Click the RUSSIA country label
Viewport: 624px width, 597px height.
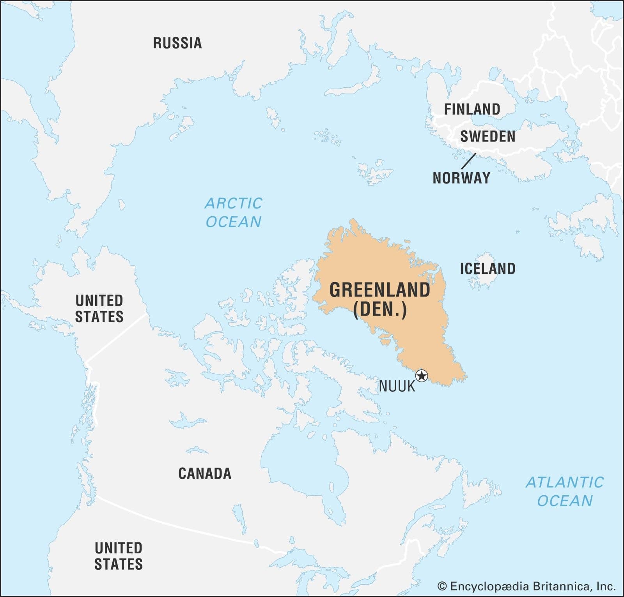[177, 43]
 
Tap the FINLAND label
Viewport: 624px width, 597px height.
[472, 109]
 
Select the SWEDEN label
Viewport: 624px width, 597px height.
[487, 136]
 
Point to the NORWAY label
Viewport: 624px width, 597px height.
[461, 178]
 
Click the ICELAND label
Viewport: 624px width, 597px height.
[487, 268]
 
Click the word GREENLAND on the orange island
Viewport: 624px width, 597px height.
[380, 290]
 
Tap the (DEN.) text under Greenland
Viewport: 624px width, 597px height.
[380, 310]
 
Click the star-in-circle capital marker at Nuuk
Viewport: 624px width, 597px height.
[422, 376]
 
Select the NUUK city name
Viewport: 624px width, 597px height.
[397, 387]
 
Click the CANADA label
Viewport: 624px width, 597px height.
[205, 473]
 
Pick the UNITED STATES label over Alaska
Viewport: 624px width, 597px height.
[99, 308]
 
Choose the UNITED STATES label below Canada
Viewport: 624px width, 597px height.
[119, 556]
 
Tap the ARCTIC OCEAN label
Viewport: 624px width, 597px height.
[234, 212]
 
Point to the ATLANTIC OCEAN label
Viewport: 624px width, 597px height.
[565, 491]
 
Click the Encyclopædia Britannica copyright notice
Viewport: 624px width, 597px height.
[526, 586]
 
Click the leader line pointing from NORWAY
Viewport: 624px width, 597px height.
[468, 161]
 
